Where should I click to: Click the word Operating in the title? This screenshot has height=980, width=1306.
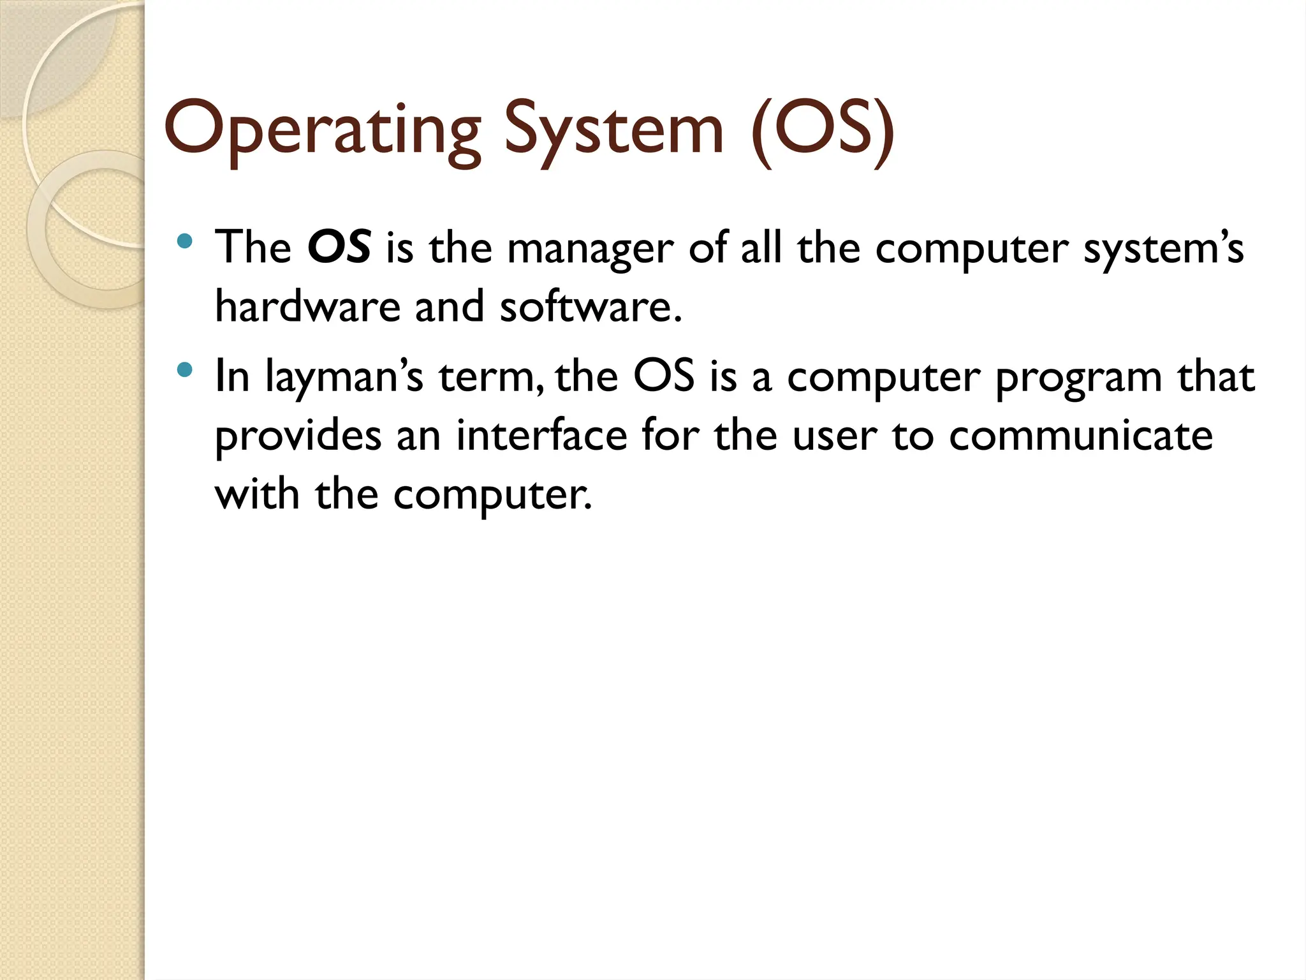[322, 131]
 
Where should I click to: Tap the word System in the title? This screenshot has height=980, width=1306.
[614, 131]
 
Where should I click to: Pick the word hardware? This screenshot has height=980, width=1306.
[307, 306]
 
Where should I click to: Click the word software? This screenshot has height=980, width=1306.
[590, 306]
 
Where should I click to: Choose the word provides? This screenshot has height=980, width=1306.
[298, 438]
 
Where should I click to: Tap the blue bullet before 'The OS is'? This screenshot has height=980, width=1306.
[185, 241]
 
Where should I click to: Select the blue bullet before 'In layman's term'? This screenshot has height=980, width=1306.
[185, 369]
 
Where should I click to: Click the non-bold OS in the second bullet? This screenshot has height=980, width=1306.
[663, 376]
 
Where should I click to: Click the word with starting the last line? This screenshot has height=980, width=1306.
[257, 494]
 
